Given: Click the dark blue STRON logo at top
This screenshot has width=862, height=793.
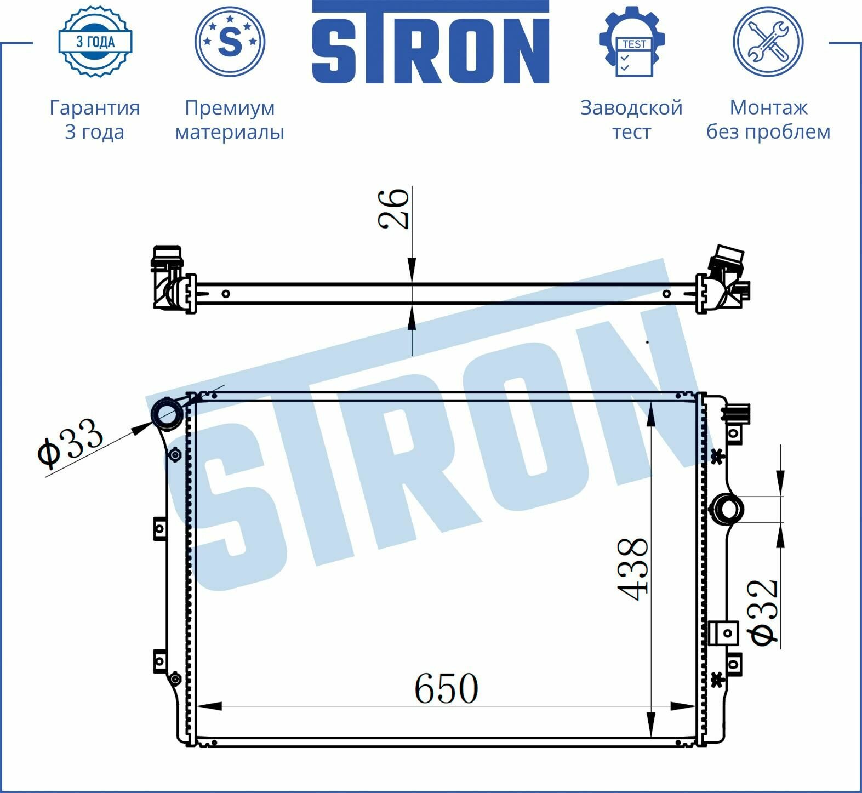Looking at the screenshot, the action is (x=431, y=42).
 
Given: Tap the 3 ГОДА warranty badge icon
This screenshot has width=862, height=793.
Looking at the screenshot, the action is (x=95, y=42).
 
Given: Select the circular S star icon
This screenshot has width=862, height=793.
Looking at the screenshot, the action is (x=230, y=42).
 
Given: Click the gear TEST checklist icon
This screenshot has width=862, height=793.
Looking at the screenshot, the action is (x=632, y=42).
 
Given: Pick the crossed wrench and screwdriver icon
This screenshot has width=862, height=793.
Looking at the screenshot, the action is (x=768, y=42).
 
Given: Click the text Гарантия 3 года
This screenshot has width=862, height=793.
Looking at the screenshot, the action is (x=95, y=119).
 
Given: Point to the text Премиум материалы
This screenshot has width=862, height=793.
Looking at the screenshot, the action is (x=230, y=119).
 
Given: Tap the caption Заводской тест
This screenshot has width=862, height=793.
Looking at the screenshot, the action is (x=631, y=119).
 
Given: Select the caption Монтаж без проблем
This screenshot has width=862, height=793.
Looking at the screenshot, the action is (x=768, y=119).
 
